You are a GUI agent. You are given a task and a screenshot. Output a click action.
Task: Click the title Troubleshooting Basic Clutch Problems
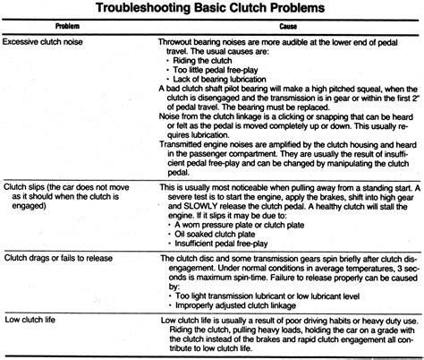pyautogui.click(x=211, y=10)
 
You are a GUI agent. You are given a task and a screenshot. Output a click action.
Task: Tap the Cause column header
pyautogui.click(x=282, y=28)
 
